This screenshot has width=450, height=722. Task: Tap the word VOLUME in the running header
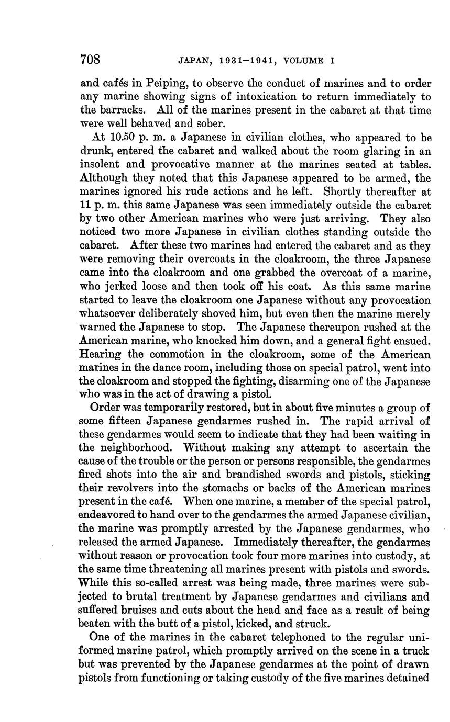click(305, 60)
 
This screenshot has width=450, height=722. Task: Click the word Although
click(103, 178)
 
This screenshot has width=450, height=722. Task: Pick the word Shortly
click(345, 192)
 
